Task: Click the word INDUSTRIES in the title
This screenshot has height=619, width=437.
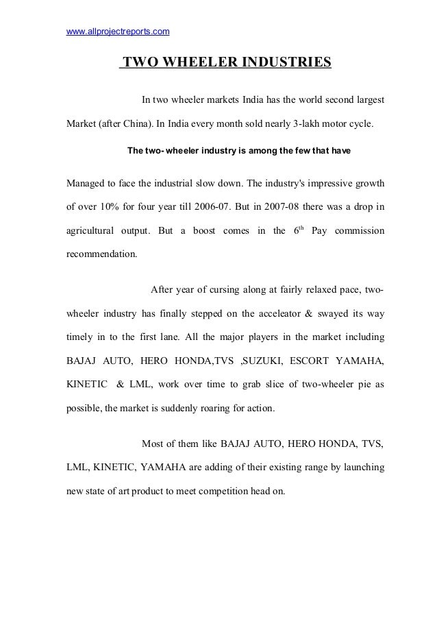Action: (x=282, y=64)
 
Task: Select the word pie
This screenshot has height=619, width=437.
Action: (x=336, y=385)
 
